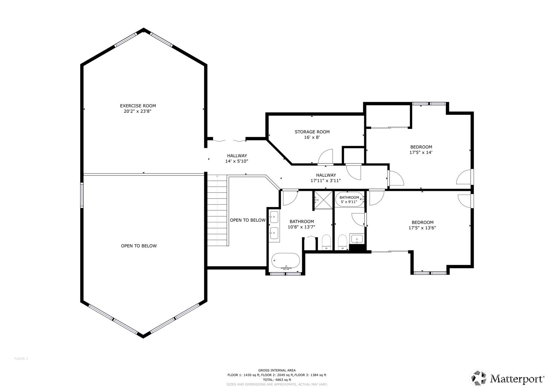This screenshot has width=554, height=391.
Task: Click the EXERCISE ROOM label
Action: (x=138, y=106)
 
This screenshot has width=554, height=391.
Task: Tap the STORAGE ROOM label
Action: (x=312, y=132)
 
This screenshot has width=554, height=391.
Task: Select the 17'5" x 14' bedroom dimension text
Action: (x=421, y=153)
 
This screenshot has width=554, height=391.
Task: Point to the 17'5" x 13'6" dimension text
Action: (x=422, y=228)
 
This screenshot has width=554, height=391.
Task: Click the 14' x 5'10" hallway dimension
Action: (x=237, y=161)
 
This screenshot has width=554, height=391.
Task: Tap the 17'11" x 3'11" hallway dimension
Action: (x=326, y=181)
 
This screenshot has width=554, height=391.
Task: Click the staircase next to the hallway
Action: (x=217, y=210)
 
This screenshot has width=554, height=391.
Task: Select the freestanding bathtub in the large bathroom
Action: (x=286, y=261)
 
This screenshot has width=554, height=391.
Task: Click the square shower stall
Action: (x=324, y=200)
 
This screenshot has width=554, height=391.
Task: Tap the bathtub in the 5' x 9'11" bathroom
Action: (x=349, y=199)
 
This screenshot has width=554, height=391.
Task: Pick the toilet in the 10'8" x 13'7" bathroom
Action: (x=327, y=242)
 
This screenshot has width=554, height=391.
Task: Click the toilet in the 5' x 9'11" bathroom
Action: (x=342, y=242)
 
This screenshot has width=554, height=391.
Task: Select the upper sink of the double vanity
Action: (x=274, y=217)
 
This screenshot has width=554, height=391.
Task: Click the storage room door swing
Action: (x=326, y=157)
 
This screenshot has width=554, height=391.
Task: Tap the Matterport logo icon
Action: (x=478, y=378)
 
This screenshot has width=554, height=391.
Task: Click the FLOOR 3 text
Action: (x=21, y=359)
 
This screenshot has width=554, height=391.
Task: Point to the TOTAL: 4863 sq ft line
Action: (x=277, y=380)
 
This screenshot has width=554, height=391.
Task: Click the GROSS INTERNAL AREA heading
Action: (x=277, y=370)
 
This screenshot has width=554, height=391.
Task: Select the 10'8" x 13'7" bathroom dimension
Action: (x=301, y=227)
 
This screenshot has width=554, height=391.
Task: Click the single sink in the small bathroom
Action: (x=357, y=239)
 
